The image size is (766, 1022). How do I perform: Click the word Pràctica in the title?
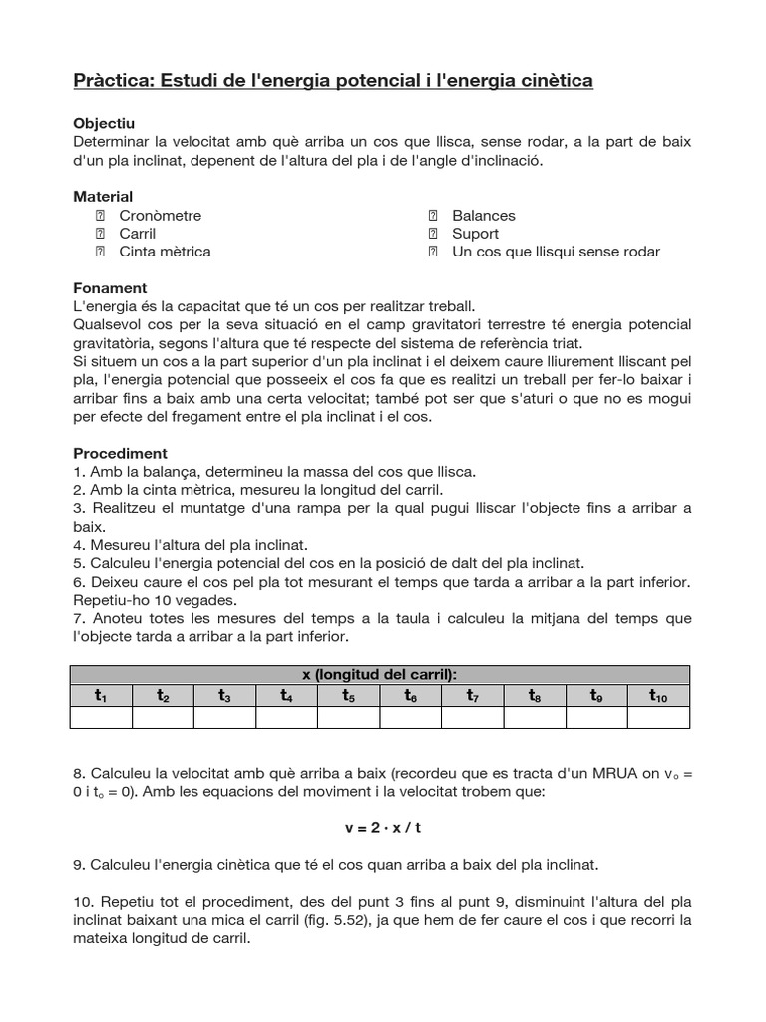tap(110, 79)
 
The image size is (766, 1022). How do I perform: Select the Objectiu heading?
tap(104, 123)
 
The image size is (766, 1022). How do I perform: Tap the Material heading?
tap(104, 197)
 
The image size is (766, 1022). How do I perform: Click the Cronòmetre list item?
tap(160, 216)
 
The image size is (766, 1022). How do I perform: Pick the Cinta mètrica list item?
tap(165, 252)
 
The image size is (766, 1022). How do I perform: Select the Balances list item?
tap(484, 216)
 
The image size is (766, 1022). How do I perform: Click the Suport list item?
tap(475, 234)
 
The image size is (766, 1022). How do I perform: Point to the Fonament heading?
tap(110, 288)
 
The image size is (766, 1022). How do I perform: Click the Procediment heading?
tap(120, 453)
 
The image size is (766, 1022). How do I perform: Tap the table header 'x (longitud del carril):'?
tap(379, 675)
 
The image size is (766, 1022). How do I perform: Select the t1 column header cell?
tap(101, 696)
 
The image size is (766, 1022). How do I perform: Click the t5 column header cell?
tap(348, 696)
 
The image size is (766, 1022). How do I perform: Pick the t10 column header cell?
tap(658, 696)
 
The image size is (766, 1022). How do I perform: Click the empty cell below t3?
tap(224, 717)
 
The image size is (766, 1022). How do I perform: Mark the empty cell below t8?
tap(534, 717)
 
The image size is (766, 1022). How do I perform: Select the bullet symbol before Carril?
tap(100, 234)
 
